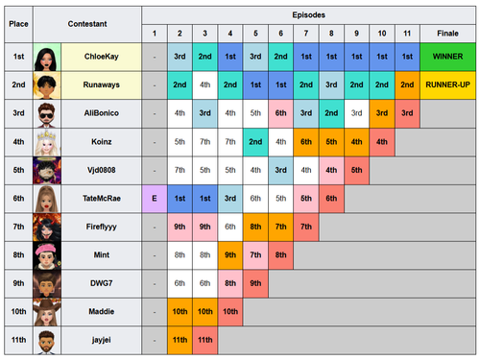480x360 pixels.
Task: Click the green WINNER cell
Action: coord(447,57)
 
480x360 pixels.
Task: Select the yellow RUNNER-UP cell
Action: coord(447,84)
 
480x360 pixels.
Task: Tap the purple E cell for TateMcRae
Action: coord(155,199)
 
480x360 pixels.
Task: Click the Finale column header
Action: coord(447,34)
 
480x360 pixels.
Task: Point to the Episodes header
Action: coord(309,15)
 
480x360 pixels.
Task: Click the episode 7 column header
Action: coord(306,34)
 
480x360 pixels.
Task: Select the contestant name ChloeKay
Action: coord(102,57)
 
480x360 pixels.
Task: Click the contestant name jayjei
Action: coord(102,340)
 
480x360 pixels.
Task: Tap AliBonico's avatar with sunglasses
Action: coord(47,113)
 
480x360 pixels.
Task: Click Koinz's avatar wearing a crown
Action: coord(47,142)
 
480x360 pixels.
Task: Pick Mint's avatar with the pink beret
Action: coord(47,255)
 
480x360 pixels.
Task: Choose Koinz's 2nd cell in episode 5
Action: coord(255,142)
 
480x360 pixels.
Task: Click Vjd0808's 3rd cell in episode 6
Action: coord(281,170)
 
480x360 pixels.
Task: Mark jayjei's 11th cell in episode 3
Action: coord(205,340)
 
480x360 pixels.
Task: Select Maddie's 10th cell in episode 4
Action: coord(230,312)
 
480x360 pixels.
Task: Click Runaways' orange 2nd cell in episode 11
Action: coord(407,84)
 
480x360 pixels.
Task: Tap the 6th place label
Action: coord(18,199)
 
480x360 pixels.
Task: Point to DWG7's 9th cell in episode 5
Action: coord(255,283)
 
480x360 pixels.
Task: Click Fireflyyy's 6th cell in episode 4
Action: coord(230,227)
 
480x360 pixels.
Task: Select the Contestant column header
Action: coord(87,24)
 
